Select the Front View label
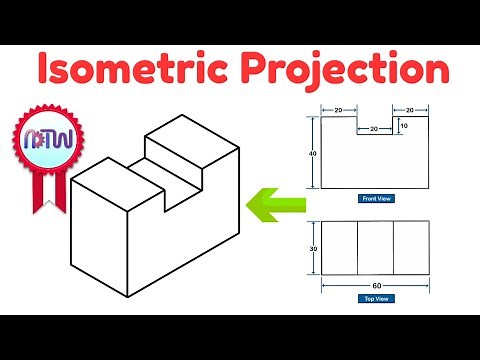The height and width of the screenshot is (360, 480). pos(376,199)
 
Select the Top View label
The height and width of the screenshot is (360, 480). pos(376,298)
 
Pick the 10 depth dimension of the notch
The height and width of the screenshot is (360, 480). pos(403,126)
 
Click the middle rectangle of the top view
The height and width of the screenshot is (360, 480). pos(375,247)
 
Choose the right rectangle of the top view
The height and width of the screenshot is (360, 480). pos(412,247)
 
